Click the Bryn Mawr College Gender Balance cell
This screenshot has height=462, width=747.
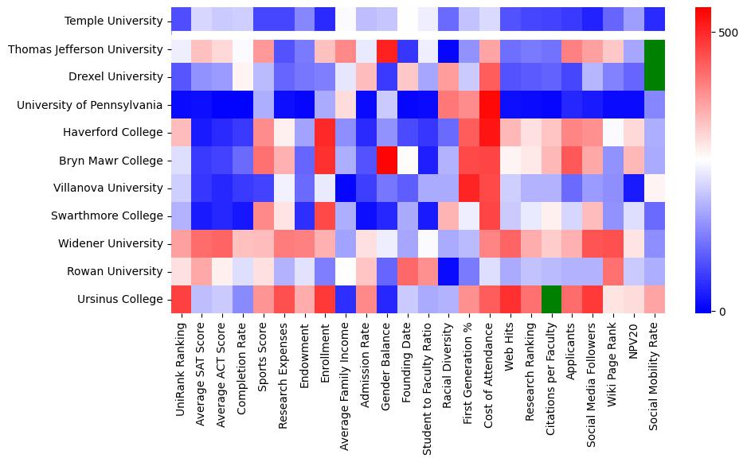tap(388, 161)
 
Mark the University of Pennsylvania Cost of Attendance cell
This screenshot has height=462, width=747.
tap(491, 105)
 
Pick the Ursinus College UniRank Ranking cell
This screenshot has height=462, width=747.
tap(181, 300)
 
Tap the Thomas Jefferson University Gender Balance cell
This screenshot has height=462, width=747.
tap(388, 49)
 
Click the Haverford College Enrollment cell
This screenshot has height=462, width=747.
tap(326, 133)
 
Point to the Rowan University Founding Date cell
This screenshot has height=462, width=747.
tap(409, 272)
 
